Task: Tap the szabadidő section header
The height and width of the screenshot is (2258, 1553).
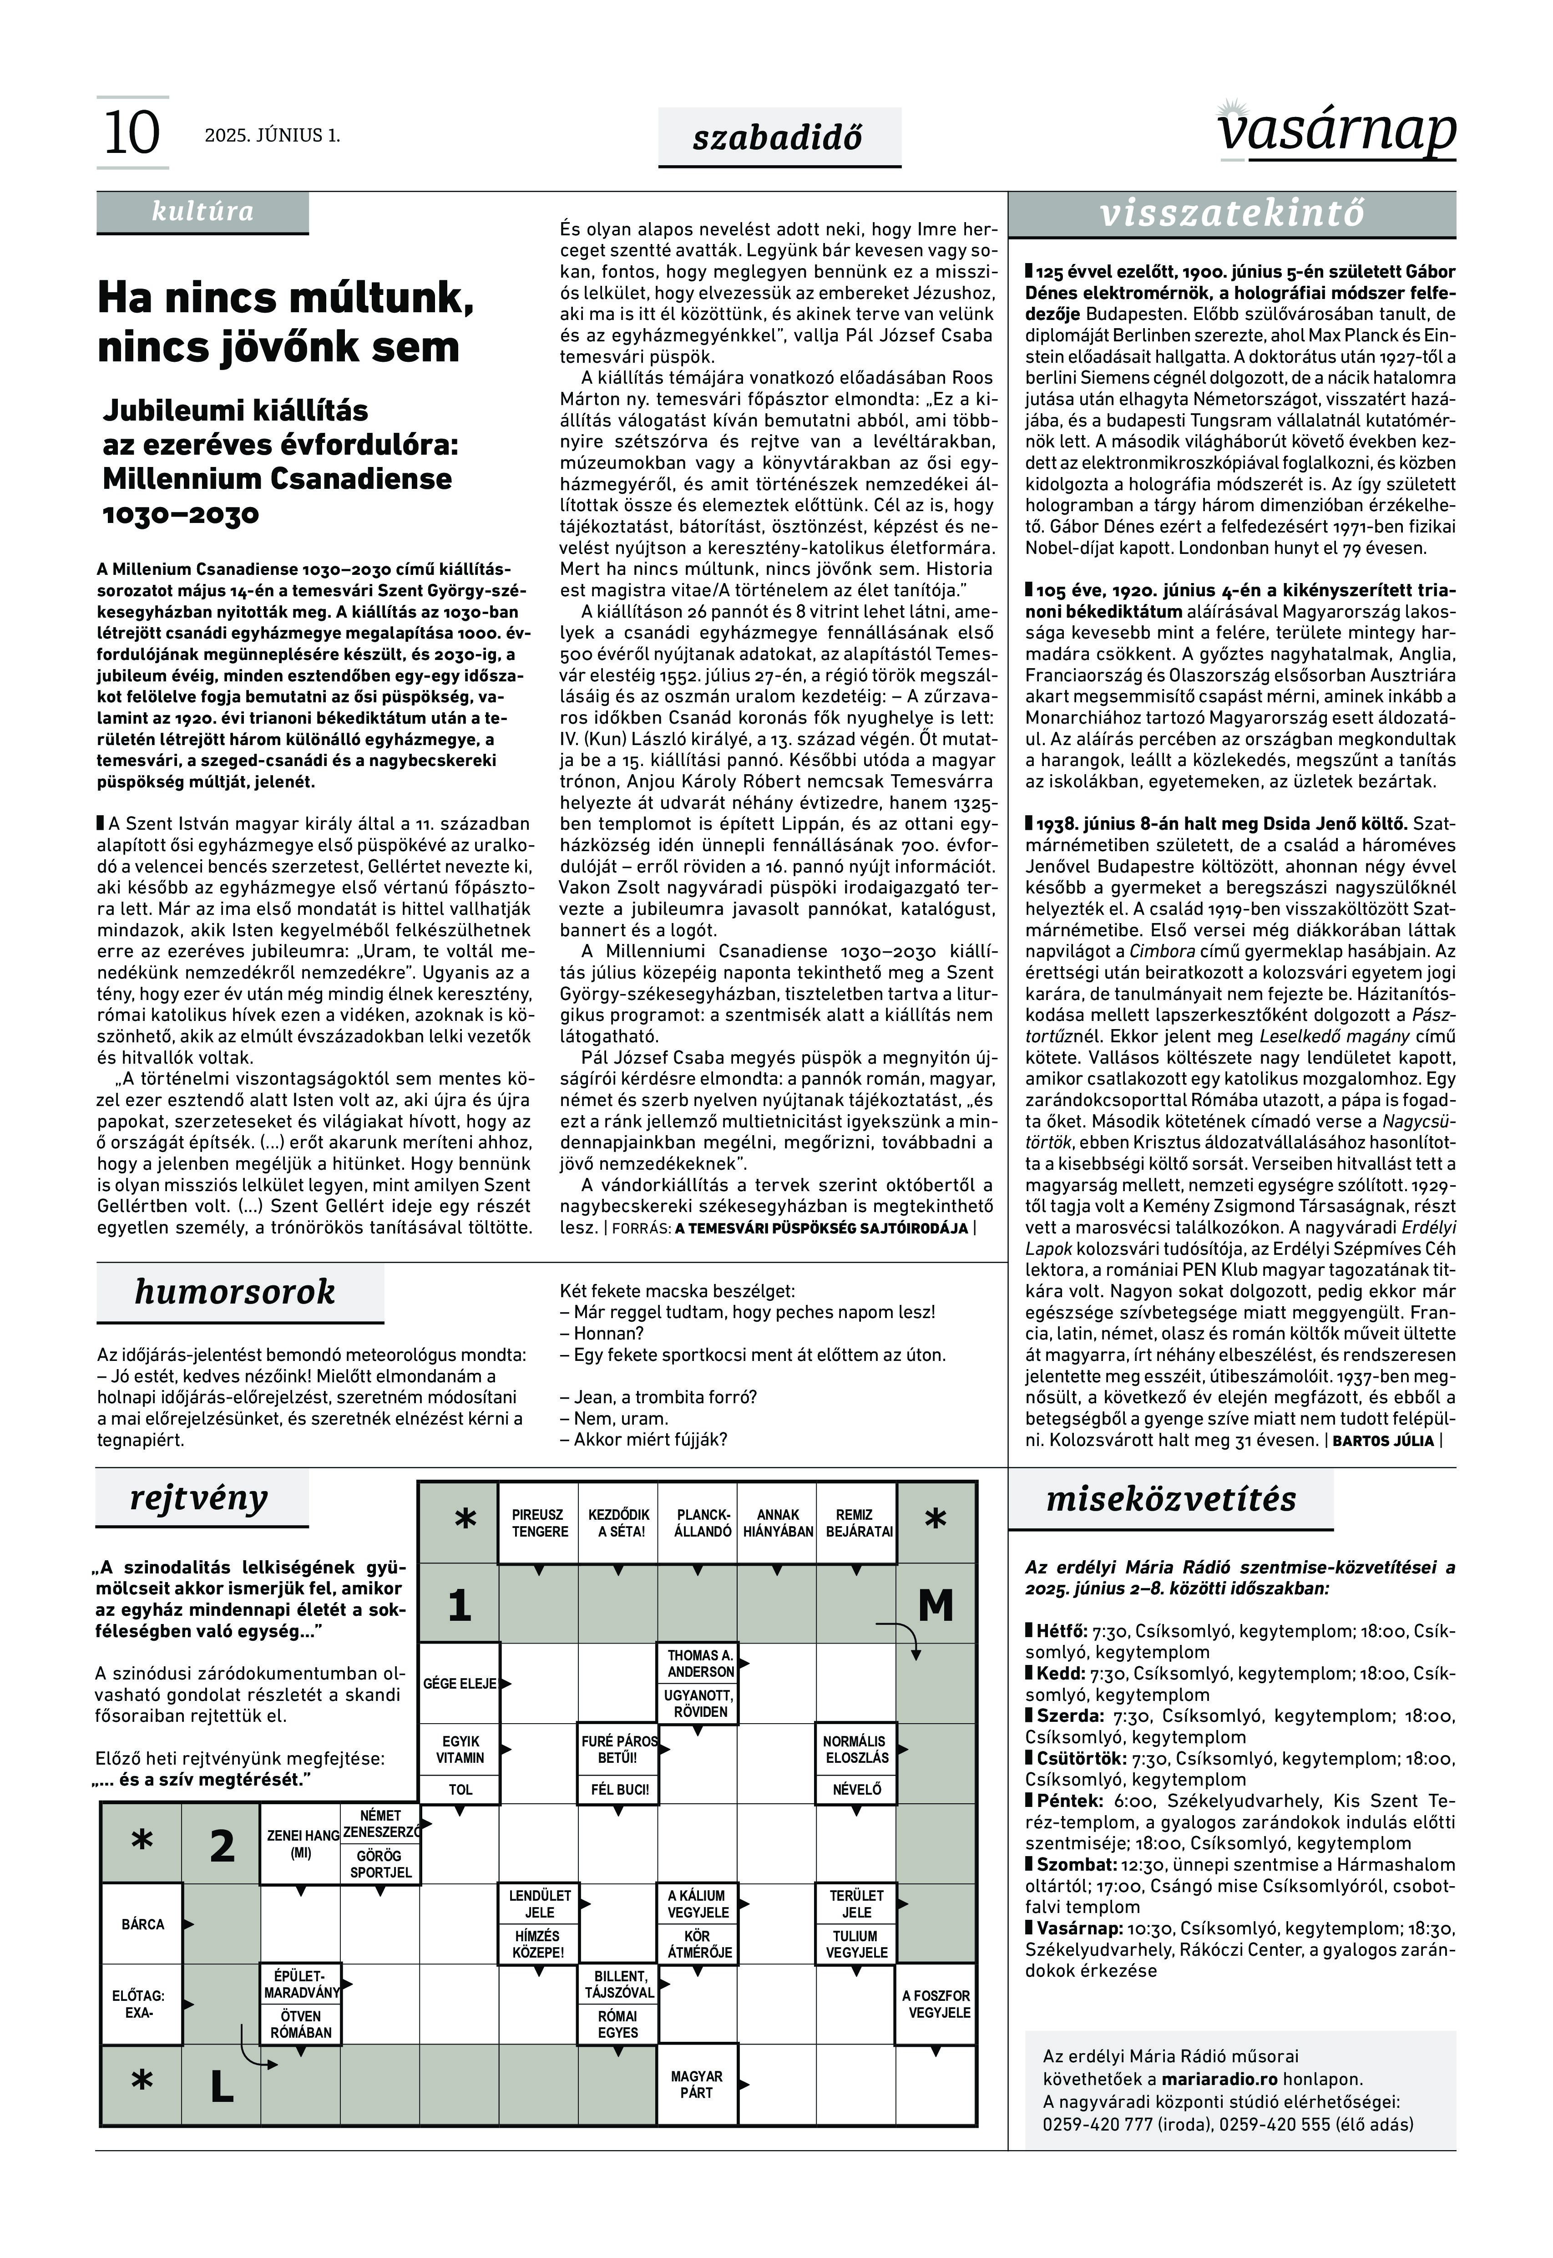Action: (x=779, y=137)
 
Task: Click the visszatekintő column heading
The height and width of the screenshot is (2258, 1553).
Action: (x=1232, y=213)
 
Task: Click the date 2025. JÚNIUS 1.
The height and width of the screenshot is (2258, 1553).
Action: (x=273, y=135)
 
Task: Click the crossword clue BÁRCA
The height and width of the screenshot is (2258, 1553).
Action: (x=143, y=1924)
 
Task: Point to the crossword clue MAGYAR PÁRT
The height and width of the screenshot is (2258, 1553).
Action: (x=697, y=2084)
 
